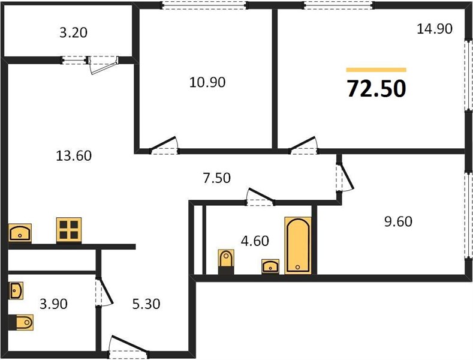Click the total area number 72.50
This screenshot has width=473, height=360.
click(x=376, y=89)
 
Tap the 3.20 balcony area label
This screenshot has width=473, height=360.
click(x=73, y=32)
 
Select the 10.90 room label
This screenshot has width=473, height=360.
click(x=207, y=82)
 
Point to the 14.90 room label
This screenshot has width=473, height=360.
click(x=435, y=29)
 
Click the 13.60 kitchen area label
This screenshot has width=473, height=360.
click(x=74, y=155)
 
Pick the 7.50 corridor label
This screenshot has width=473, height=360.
click(x=217, y=178)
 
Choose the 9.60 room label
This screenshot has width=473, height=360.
click(x=398, y=221)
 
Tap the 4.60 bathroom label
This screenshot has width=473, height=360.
click(x=255, y=241)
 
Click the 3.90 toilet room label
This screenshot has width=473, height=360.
click(x=53, y=304)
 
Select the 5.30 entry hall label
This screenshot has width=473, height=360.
click(x=146, y=304)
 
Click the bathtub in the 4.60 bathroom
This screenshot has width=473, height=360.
click(x=298, y=245)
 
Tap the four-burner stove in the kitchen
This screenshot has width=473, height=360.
click(x=69, y=230)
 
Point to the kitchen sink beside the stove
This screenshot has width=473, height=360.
click(x=20, y=233)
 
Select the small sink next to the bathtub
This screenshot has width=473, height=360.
click(x=270, y=266)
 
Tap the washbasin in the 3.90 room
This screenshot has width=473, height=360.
click(x=16, y=291)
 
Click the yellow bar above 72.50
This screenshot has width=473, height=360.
click(x=376, y=70)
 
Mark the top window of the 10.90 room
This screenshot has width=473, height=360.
click(x=204, y=5)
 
